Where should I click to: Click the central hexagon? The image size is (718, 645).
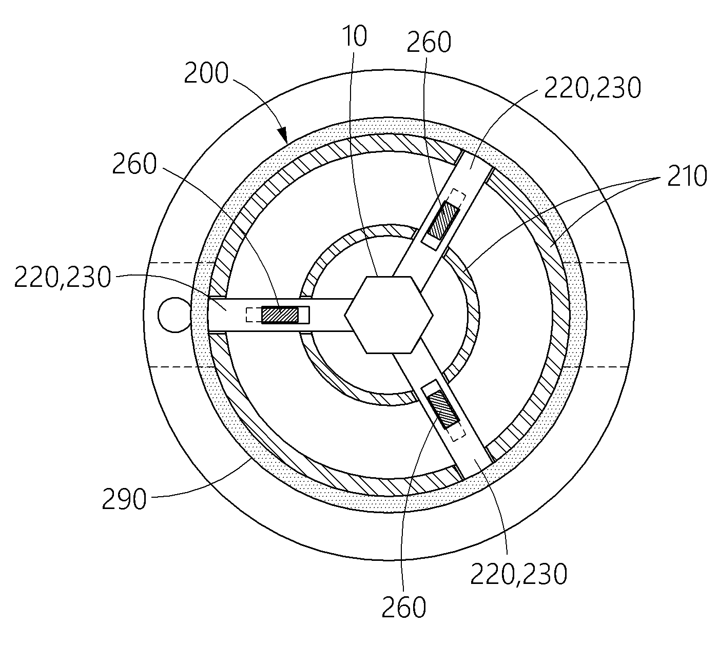coord(389,315)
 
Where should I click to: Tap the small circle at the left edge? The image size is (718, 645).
coord(174,315)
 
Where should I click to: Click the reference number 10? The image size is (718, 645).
coord(355,36)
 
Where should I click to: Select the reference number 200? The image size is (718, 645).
coord(206,73)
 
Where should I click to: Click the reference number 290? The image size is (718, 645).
coord(124,499)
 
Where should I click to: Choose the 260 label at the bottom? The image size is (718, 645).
coord(404,607)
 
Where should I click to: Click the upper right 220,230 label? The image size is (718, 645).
coord(592,88)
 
